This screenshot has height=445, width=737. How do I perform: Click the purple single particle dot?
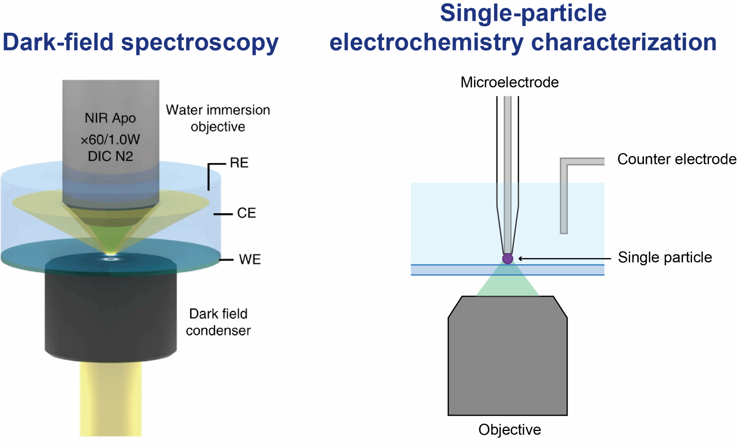pyautogui.click(x=507, y=258)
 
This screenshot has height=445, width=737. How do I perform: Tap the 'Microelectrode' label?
pyautogui.click(x=510, y=83)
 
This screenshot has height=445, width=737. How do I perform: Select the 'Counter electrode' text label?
pyautogui.click(x=677, y=159)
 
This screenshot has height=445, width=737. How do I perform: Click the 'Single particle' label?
pyautogui.click(x=665, y=257)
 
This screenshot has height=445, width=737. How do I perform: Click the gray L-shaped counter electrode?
pyautogui.click(x=564, y=195)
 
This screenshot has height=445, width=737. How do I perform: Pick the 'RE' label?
pyautogui.click(x=239, y=163)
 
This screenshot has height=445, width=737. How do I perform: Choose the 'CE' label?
pyautogui.click(x=246, y=213)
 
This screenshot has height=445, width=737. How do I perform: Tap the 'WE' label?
pyautogui.click(x=249, y=259)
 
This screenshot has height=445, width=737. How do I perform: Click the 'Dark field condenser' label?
pyautogui.click(x=218, y=322)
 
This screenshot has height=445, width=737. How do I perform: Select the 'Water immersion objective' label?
pyautogui.click(x=218, y=118)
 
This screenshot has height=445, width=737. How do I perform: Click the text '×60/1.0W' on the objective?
pyautogui.click(x=110, y=139)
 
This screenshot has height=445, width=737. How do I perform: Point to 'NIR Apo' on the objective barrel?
pyautogui.click(x=110, y=118)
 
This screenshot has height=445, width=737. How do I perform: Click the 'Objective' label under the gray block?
pyautogui.click(x=510, y=430)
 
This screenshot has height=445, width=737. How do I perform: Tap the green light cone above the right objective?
pyautogui.click(x=507, y=283)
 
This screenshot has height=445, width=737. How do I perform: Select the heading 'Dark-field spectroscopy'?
pyautogui.click(x=140, y=42)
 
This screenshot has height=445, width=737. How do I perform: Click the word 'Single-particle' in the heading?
pyautogui.click(x=523, y=13)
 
